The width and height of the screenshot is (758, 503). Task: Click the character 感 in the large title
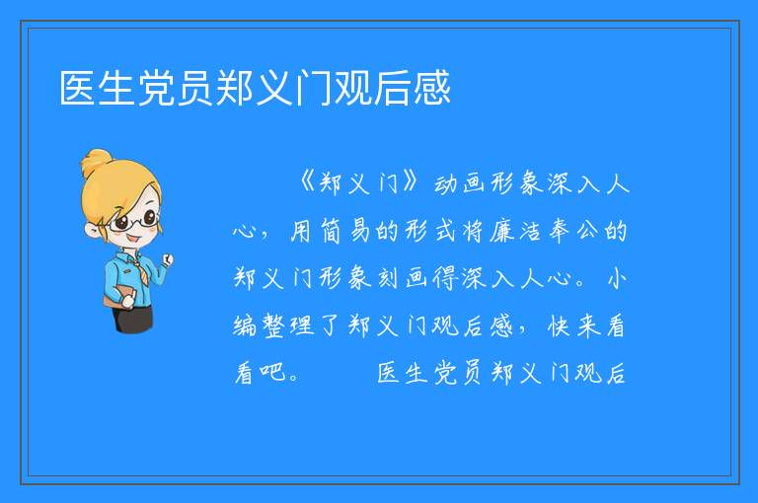point(431,88)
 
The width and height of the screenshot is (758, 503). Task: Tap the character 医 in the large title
point(78,88)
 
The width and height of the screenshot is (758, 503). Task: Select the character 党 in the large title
point(157,88)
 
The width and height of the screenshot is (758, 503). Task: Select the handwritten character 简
point(332,231)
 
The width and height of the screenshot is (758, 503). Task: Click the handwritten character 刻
point(387,278)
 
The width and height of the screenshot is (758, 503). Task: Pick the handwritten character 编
point(245,325)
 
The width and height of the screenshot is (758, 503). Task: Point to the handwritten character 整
point(273,325)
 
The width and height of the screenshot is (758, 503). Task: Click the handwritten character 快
point(559,325)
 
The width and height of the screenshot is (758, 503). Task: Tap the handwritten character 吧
point(272,372)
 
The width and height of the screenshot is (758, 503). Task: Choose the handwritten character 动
point(445,183)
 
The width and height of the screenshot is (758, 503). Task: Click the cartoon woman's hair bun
point(97,161)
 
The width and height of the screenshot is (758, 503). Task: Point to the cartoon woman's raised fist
point(167,260)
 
